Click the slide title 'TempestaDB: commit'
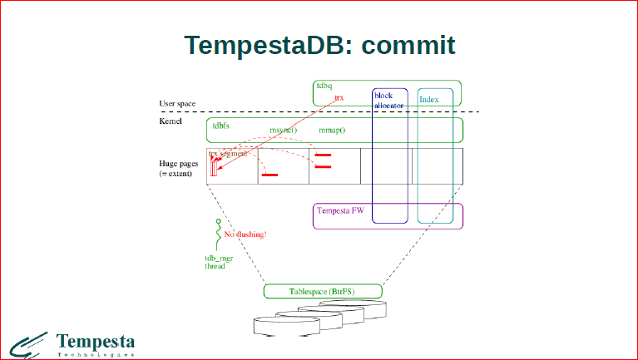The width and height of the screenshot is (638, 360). (x=319, y=45)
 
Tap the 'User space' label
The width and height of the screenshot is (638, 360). (x=177, y=104)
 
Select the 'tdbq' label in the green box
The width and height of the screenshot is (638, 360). (x=323, y=86)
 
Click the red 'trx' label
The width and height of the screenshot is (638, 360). (x=339, y=97)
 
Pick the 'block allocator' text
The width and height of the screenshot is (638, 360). (x=388, y=101)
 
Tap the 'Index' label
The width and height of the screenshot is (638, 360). (x=428, y=100)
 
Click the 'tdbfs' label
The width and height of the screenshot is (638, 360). (x=220, y=126)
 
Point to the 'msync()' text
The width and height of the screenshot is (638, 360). (x=283, y=131)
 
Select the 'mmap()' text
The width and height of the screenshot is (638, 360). (x=332, y=131)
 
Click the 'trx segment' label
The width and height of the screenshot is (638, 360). (x=229, y=154)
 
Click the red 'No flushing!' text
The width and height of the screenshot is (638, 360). (x=245, y=235)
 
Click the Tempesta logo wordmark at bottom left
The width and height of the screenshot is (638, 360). (x=96, y=341)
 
